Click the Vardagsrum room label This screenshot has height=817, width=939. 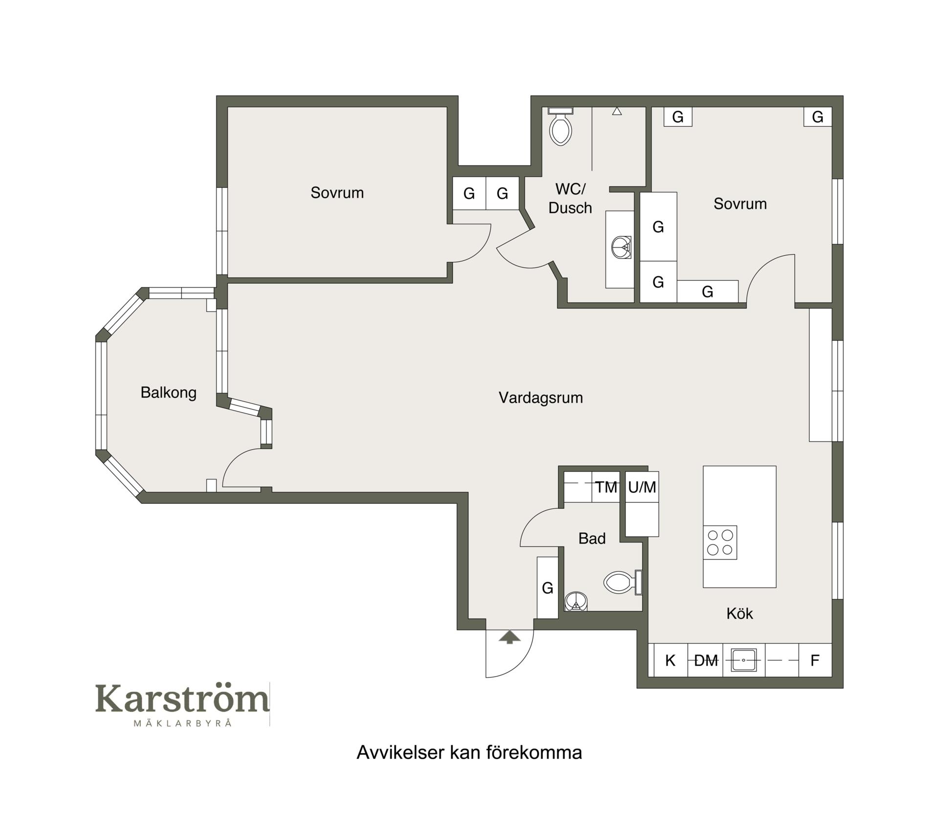point(540,398)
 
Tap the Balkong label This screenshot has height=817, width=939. point(168,392)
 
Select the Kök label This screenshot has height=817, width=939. point(739,613)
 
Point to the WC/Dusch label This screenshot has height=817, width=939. point(570,198)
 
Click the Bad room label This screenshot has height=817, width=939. point(592,538)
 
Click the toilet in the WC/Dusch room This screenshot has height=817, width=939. point(560,126)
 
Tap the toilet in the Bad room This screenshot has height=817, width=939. point(623,582)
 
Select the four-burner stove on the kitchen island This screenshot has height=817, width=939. point(720,543)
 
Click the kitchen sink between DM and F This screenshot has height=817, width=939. point(743,660)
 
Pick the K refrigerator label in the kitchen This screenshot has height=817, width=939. point(670,660)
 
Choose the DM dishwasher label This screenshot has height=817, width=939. point(706,660)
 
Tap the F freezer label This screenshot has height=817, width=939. point(815,660)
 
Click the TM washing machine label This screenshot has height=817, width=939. point(606,487)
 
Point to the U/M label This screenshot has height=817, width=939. point(642,487)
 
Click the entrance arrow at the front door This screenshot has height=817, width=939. point(510,637)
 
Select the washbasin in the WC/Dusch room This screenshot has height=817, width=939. point(621,247)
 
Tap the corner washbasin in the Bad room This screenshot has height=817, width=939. point(576,602)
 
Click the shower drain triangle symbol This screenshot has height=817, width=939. point(617,112)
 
